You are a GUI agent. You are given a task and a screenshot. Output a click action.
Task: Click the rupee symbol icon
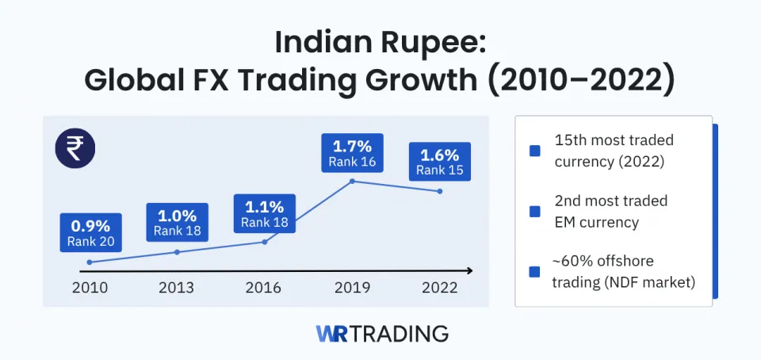75,148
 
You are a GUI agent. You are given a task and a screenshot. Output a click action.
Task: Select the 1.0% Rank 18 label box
177,223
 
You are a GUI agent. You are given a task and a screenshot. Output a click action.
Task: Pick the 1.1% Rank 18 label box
265,214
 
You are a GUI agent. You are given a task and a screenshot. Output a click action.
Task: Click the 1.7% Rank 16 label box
352,154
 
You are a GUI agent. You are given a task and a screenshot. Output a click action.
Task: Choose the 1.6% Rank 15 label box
439,162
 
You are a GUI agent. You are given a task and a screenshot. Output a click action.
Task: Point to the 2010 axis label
90,288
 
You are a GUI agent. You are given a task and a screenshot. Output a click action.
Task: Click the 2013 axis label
177,288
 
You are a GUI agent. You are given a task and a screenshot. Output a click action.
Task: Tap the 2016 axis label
264,288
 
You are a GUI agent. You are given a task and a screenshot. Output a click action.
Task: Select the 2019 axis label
352,288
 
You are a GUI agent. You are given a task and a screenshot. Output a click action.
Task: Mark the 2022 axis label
439,288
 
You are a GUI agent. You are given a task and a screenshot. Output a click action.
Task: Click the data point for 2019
352,182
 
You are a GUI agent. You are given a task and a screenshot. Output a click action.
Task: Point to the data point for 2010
90,262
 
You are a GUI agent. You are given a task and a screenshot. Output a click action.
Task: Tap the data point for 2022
439,191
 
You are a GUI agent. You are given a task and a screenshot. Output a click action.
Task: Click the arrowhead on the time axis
469,270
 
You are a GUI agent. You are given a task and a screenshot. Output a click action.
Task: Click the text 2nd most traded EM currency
610,211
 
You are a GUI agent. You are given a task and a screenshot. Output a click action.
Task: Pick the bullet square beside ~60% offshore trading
535,271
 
